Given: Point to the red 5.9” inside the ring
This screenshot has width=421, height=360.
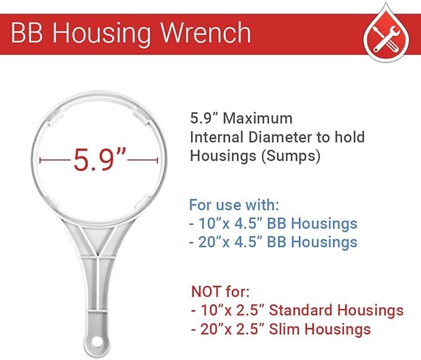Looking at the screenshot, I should click(100, 160).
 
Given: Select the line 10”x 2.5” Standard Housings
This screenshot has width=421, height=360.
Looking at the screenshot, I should click(297, 310).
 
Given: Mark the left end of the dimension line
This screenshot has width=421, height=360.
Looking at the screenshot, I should click(41, 160).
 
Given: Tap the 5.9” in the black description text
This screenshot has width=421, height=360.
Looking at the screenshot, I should click(201, 118).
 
